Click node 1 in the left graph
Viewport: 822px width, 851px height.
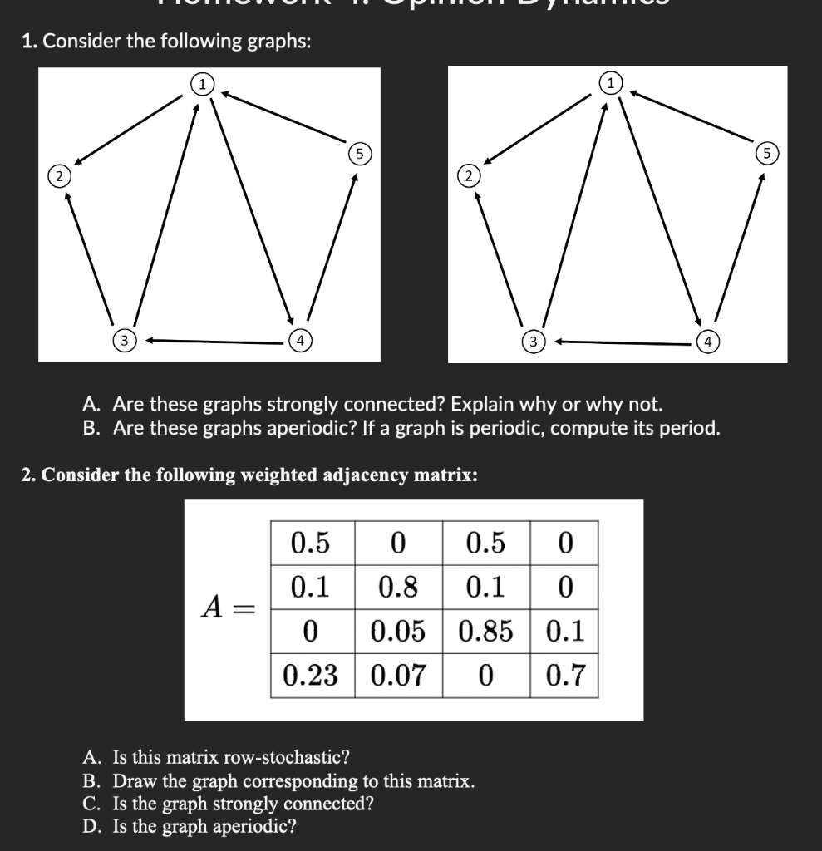[x=202, y=82]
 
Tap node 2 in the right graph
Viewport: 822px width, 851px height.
[x=469, y=175]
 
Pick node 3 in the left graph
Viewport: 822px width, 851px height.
[x=124, y=340]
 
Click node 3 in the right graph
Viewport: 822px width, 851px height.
[x=534, y=341]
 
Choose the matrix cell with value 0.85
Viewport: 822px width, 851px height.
[x=485, y=632]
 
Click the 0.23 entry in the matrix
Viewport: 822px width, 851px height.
[x=311, y=675]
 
